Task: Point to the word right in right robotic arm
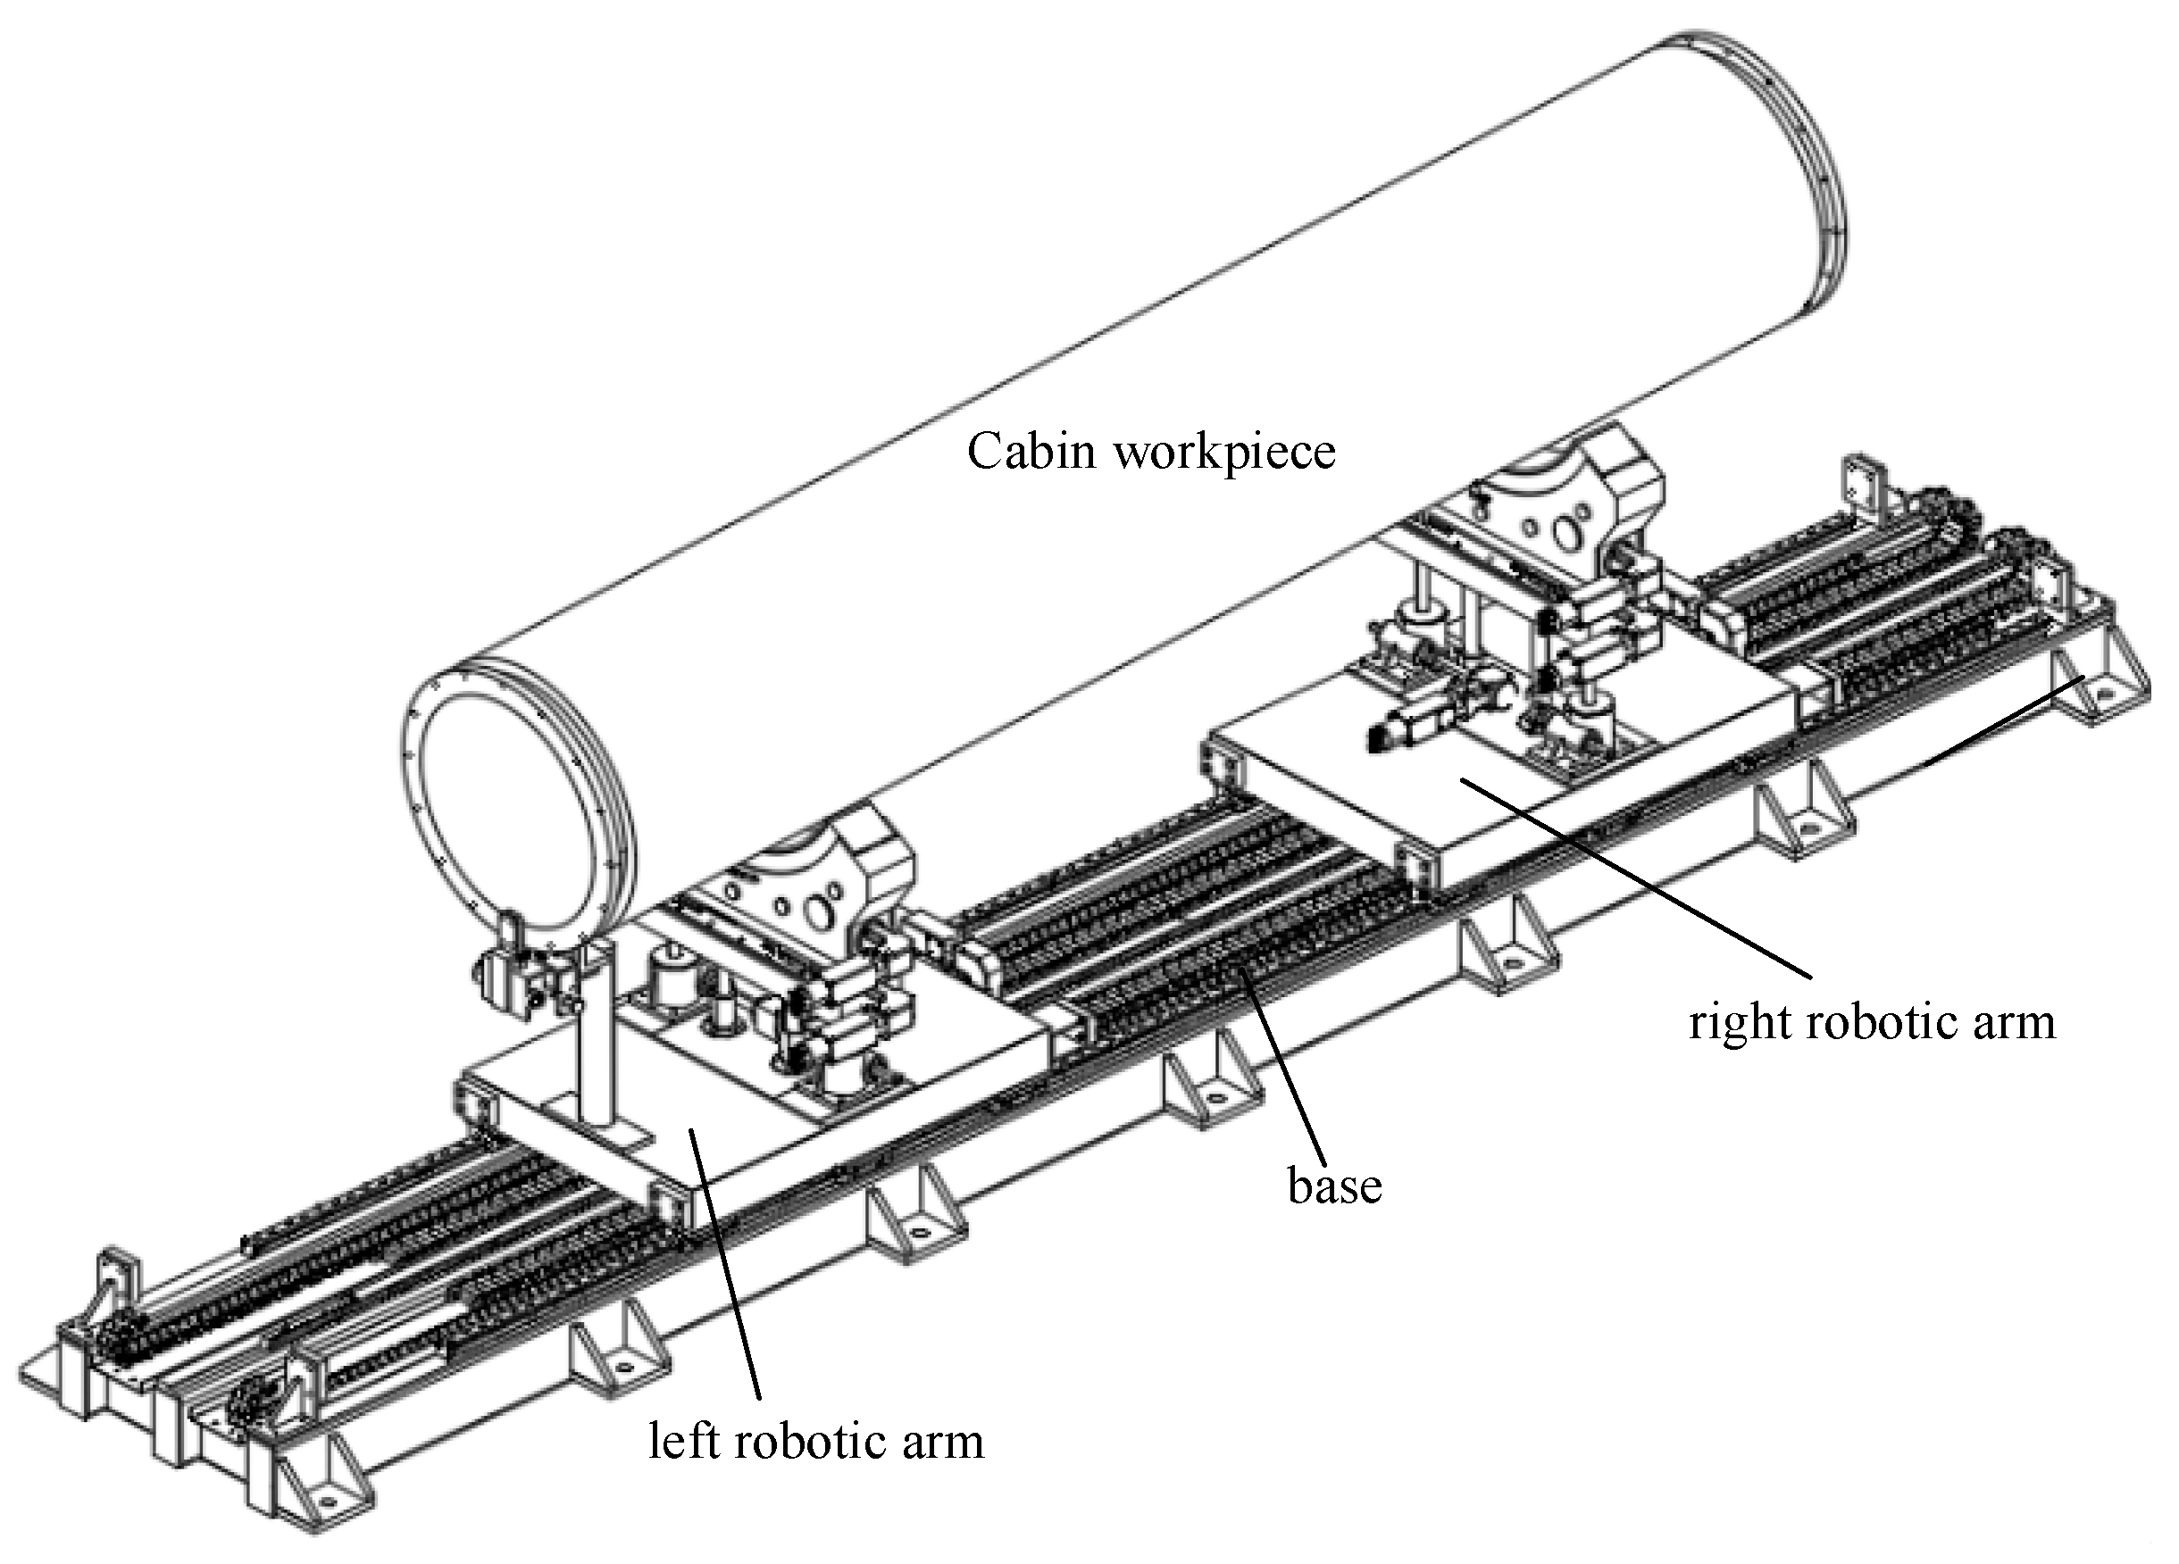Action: (1740, 1022)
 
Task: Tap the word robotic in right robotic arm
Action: (1873, 1021)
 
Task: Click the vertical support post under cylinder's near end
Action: (596, 1037)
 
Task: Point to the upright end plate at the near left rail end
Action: (115, 1287)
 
